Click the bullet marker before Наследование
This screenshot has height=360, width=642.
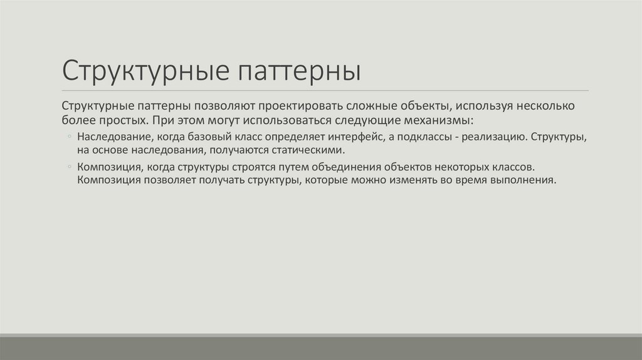coord(68,137)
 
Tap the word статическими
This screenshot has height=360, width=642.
coord(307,151)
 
